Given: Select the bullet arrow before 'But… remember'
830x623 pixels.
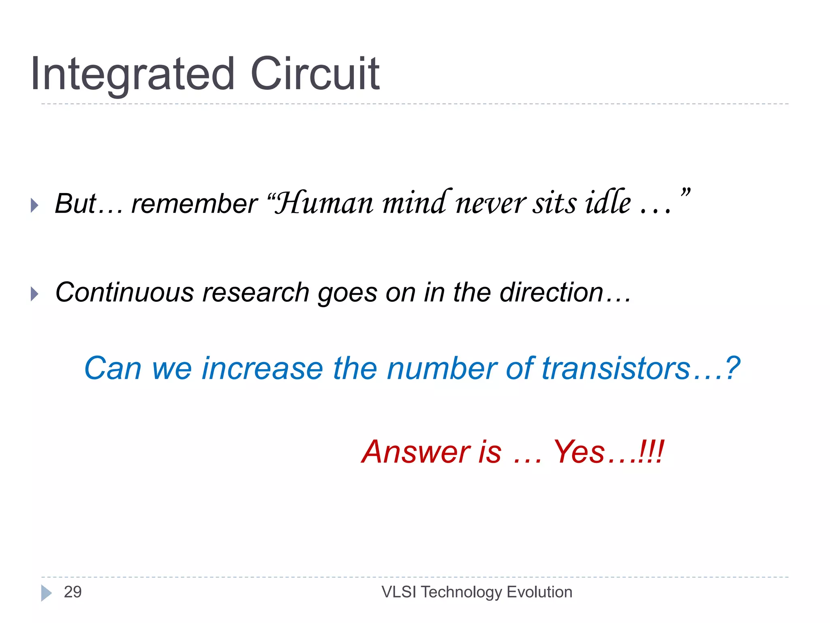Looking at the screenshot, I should point(35,205).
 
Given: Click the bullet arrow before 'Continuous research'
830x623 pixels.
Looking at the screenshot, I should point(35,294).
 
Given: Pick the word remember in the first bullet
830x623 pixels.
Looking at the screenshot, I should point(195,204).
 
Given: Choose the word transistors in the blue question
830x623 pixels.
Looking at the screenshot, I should point(616,368).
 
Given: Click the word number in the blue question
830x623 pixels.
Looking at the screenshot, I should point(442,368).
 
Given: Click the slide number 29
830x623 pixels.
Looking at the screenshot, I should point(73,592).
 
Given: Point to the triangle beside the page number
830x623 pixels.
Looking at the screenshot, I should point(46,593).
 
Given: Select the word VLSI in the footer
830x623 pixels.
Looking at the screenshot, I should point(399,592).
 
